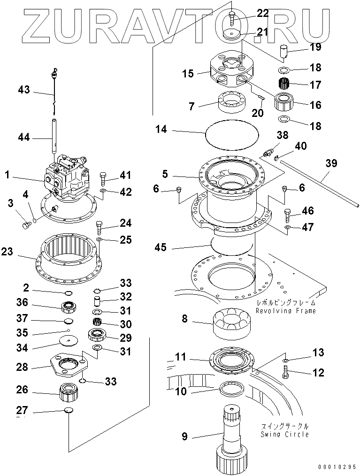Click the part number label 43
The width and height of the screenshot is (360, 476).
(x=23, y=90)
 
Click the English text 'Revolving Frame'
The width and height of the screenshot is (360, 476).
(x=286, y=311)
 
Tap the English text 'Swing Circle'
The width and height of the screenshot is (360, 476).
(x=285, y=434)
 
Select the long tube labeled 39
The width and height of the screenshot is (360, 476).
(x=319, y=184)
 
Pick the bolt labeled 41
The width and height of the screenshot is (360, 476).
(x=103, y=178)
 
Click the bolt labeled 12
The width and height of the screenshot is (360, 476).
(x=285, y=372)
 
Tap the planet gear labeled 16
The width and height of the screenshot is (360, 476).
(x=284, y=102)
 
